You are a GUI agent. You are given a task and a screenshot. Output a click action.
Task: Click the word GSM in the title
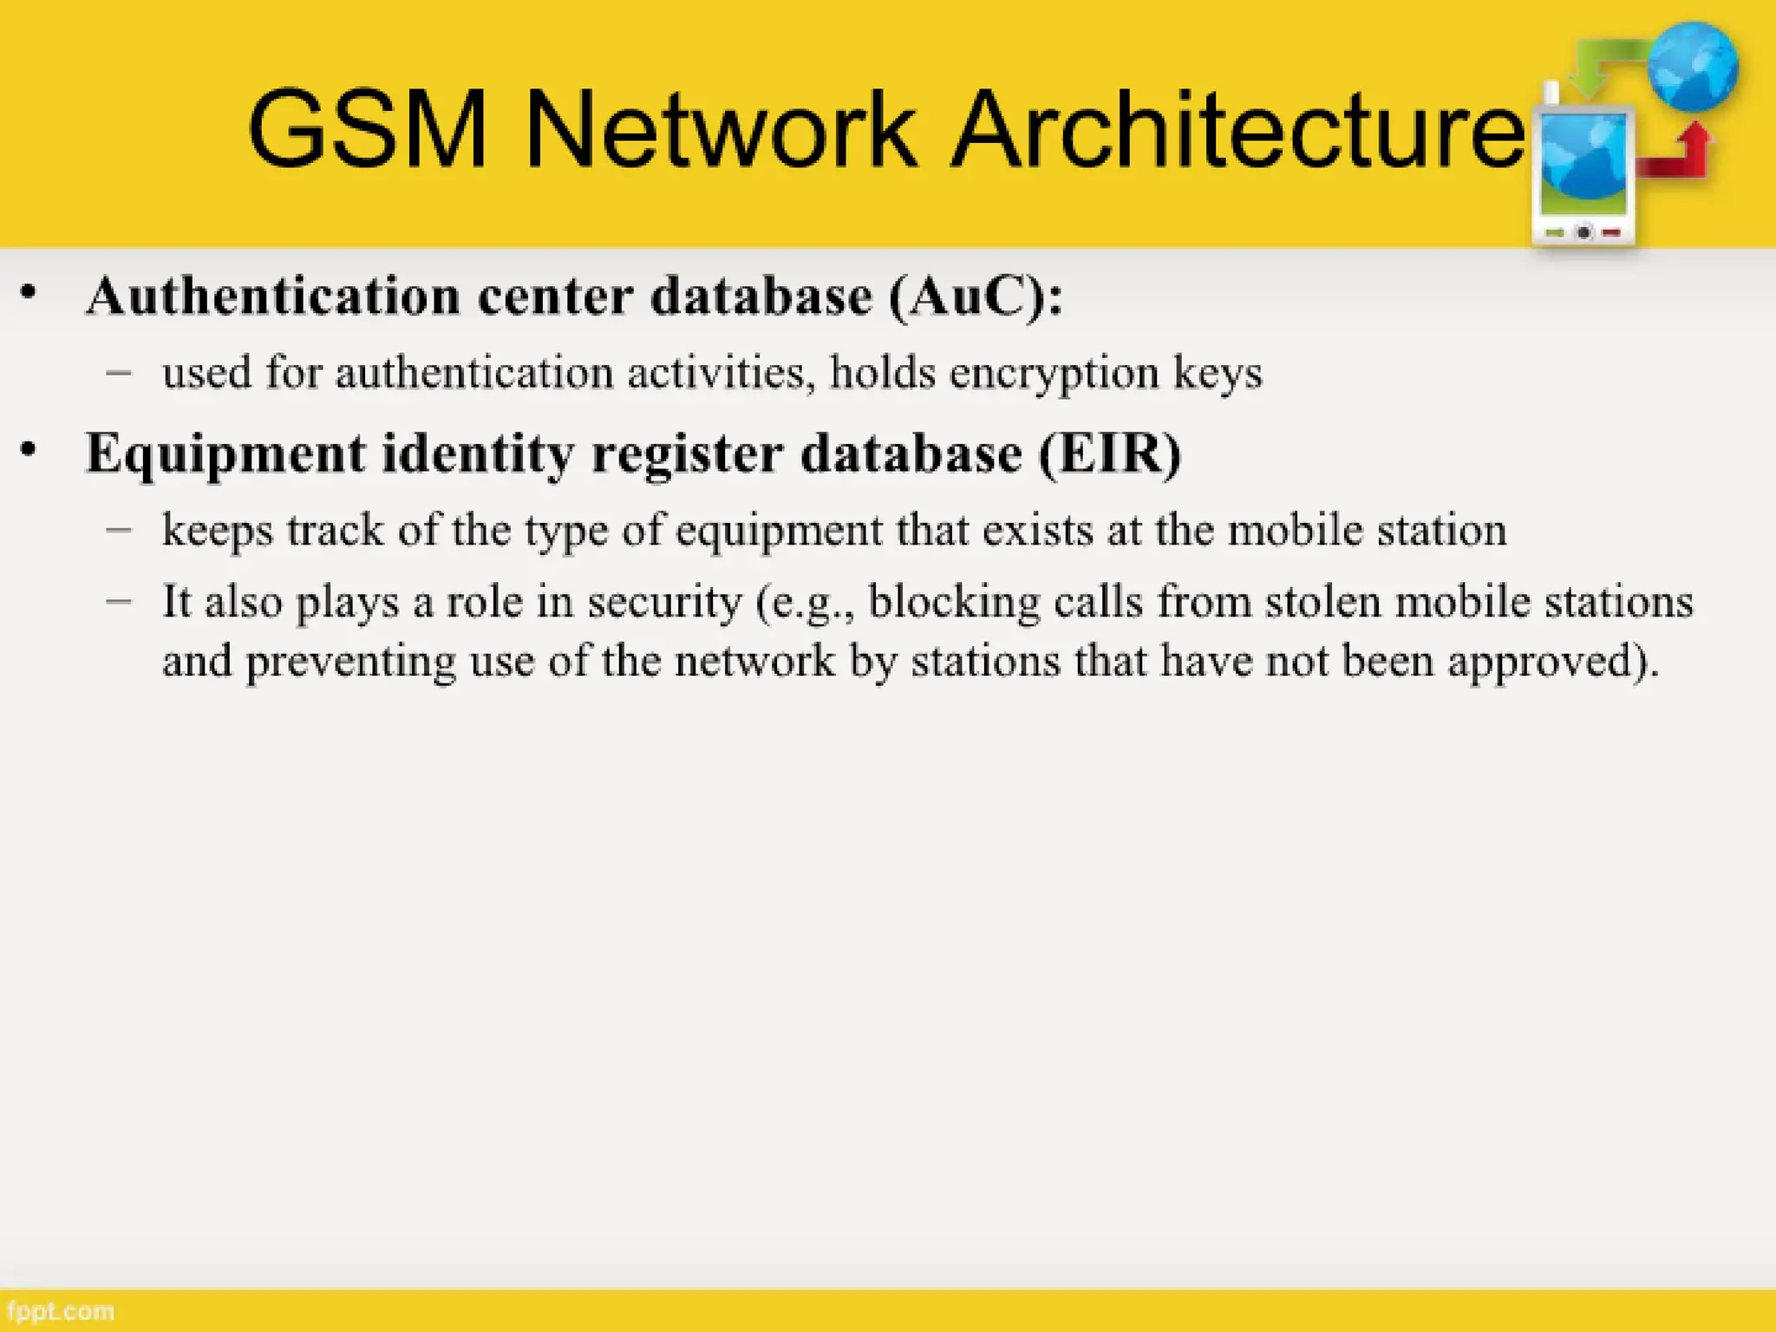tap(368, 130)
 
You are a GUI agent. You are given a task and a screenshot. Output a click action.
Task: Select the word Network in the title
tap(720, 130)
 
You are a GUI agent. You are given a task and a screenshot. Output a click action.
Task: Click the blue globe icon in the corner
tap(1693, 66)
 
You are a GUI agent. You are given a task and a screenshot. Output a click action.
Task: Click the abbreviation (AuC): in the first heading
tap(975, 297)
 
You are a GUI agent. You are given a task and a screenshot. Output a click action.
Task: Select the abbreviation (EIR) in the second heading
tap(1110, 453)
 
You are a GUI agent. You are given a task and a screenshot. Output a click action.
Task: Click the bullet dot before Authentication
tap(29, 293)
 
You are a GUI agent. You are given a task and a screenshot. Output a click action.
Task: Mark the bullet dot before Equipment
tap(29, 450)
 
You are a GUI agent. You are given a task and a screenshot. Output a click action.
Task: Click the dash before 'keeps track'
tap(119, 528)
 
